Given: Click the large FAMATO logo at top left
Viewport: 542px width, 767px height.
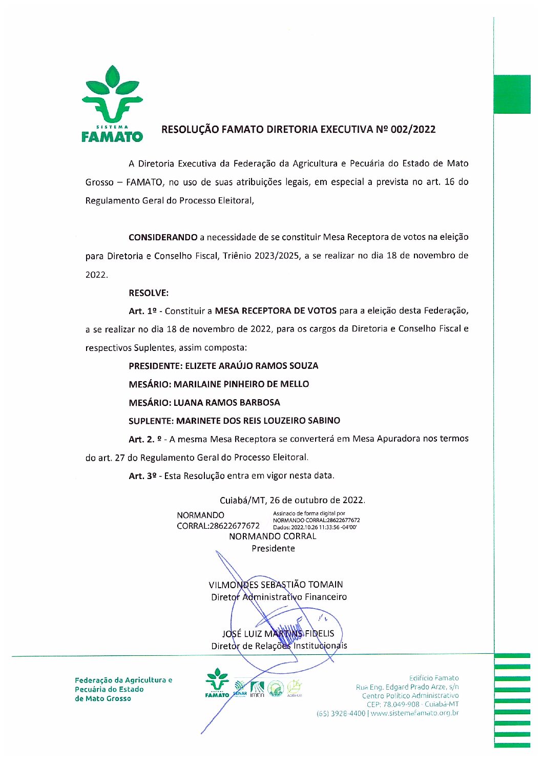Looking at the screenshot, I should (x=112, y=104).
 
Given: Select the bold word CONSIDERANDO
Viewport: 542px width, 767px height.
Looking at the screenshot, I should (x=163, y=237).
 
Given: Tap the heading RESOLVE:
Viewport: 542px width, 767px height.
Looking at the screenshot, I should (x=149, y=293).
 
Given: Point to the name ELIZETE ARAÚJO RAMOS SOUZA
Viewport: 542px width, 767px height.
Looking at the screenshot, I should (x=252, y=366).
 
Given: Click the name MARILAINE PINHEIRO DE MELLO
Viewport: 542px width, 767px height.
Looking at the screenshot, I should (x=241, y=384).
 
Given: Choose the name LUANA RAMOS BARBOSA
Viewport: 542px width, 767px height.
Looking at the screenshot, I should (x=227, y=403).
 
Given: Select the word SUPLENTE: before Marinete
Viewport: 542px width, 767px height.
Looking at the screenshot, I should (x=151, y=421).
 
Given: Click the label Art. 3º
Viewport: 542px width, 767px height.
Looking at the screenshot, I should (x=142, y=476).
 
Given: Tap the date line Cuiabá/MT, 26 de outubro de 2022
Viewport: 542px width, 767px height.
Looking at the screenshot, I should (x=292, y=500).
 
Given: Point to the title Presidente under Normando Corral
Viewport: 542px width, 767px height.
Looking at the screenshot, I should (x=273, y=549).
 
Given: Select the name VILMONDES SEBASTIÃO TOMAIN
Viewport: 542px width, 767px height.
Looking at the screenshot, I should (x=276, y=585).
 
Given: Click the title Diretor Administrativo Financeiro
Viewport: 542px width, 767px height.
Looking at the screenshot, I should (x=279, y=597).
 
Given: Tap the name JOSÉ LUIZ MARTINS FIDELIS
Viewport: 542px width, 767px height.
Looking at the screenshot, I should (x=278, y=634).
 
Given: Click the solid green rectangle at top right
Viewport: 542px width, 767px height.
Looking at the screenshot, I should (x=512, y=94).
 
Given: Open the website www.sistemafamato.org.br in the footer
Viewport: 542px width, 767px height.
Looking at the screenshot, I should (x=414, y=713).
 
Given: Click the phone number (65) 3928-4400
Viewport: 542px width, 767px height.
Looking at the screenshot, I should (x=341, y=713).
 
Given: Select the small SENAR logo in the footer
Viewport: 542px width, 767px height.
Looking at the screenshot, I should (x=240, y=689).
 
